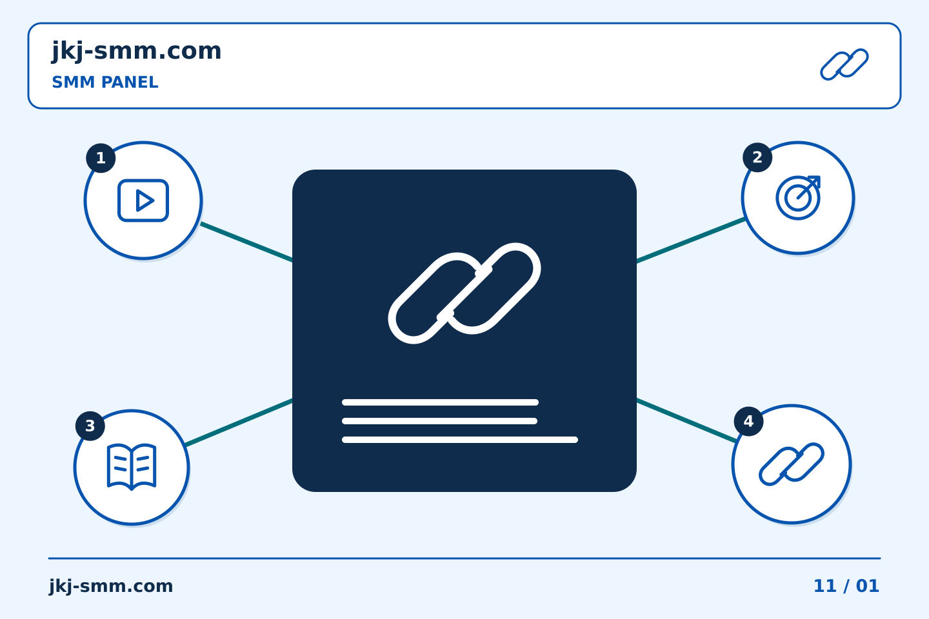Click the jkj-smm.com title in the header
click(137, 52)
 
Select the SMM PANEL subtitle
click(105, 83)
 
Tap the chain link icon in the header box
click(844, 64)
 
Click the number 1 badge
click(101, 158)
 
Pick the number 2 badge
click(757, 157)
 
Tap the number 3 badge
click(90, 426)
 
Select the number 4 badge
click(748, 421)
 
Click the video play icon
click(143, 201)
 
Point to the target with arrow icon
click(799, 198)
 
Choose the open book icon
click(132, 467)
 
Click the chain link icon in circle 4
click(792, 464)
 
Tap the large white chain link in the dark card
click(464, 293)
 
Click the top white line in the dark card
click(440, 402)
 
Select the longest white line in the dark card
click(460, 440)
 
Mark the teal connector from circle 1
click(246, 242)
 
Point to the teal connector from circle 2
click(691, 241)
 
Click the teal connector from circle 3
click(239, 423)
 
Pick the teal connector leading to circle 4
click(686, 420)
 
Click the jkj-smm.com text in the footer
click(111, 586)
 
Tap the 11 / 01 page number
click(846, 586)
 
